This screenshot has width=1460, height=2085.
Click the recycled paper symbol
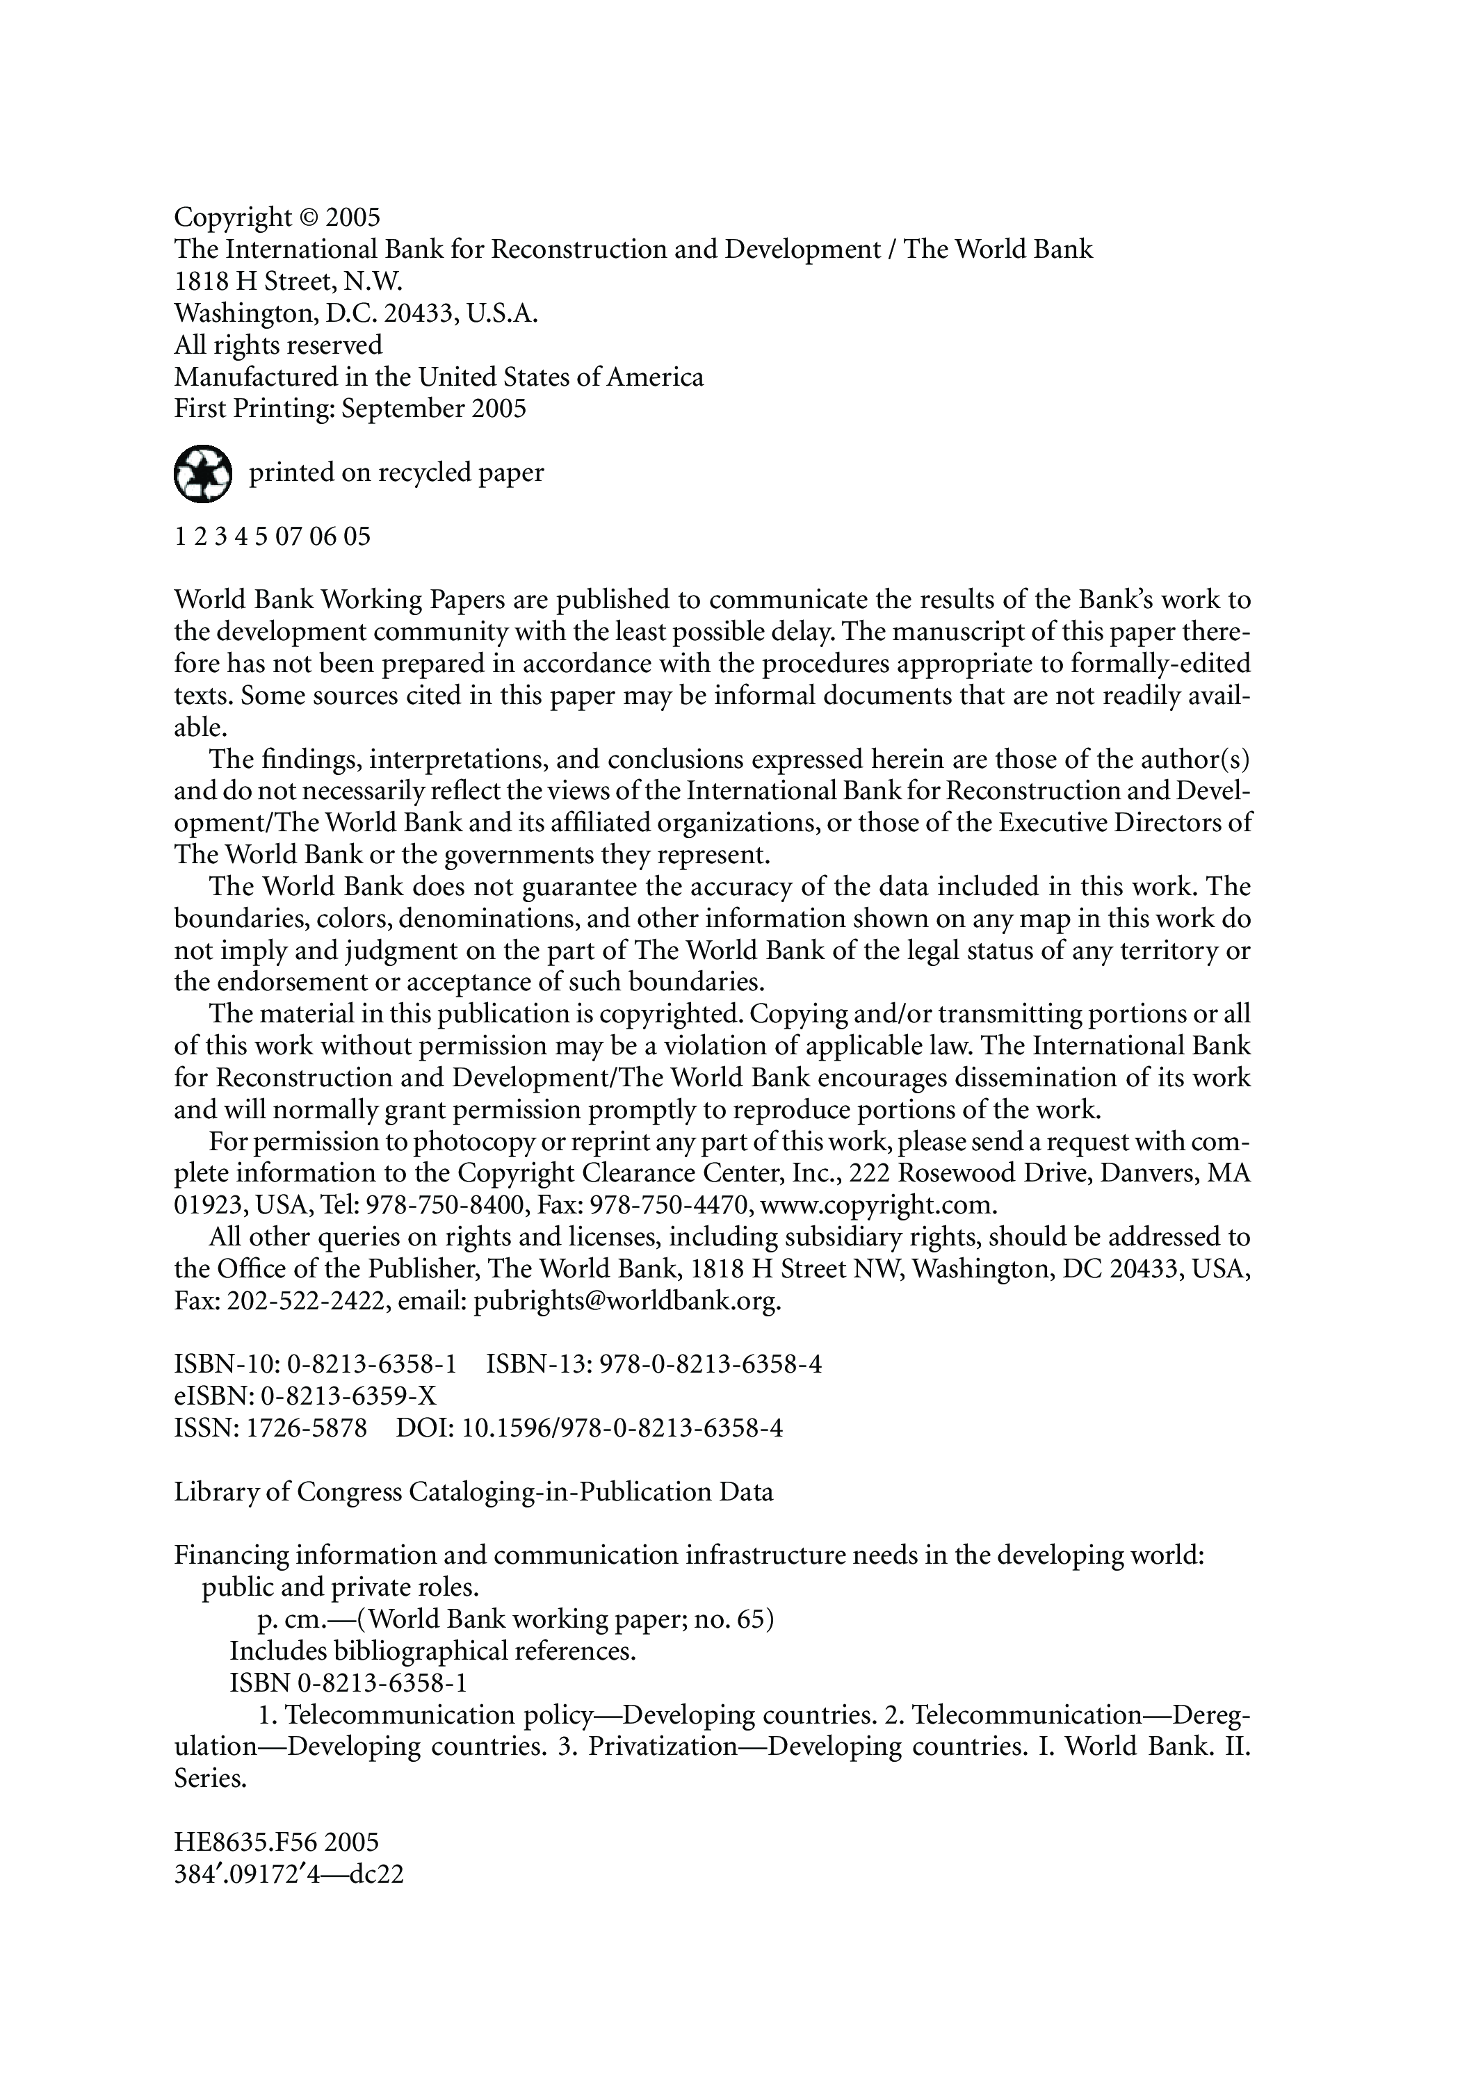pyautogui.click(x=202, y=473)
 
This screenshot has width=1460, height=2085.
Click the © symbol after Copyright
pyautogui.click(x=309, y=218)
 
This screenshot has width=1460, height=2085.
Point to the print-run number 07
pyautogui.click(x=287, y=537)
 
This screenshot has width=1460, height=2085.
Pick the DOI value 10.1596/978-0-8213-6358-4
pyautogui.click(x=622, y=1428)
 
